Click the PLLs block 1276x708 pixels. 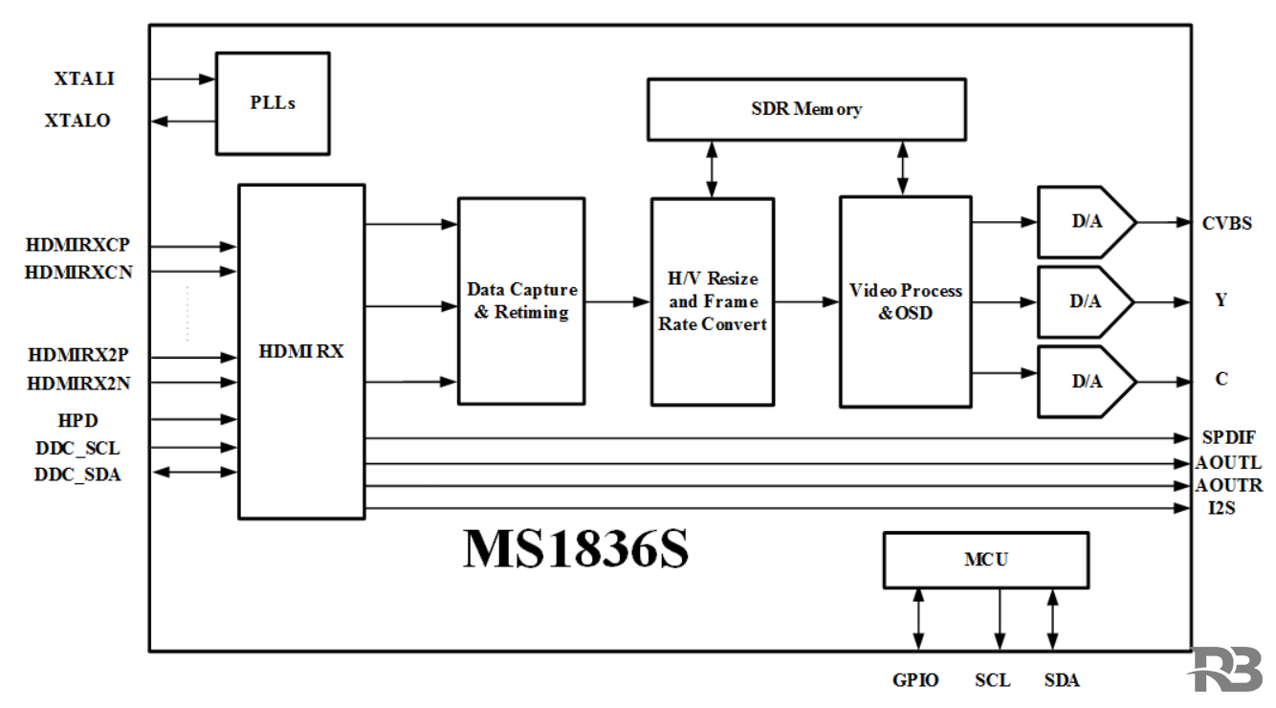[273, 103]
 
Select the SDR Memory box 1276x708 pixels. [806, 109]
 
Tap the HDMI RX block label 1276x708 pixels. [301, 351]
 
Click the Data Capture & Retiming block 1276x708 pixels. [521, 300]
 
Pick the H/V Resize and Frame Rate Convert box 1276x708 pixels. [713, 301]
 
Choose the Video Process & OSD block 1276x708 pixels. [905, 301]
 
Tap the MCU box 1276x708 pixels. [985, 560]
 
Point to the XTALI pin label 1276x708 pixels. [84, 79]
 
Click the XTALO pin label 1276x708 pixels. [77, 122]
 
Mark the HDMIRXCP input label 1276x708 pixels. [77, 245]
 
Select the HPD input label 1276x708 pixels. [78, 420]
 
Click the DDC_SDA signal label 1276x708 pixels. [77, 474]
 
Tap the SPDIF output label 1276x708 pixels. [1228, 438]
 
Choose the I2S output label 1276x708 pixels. [1221, 508]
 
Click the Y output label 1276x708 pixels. [1221, 300]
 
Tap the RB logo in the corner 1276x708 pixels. [1227, 670]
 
